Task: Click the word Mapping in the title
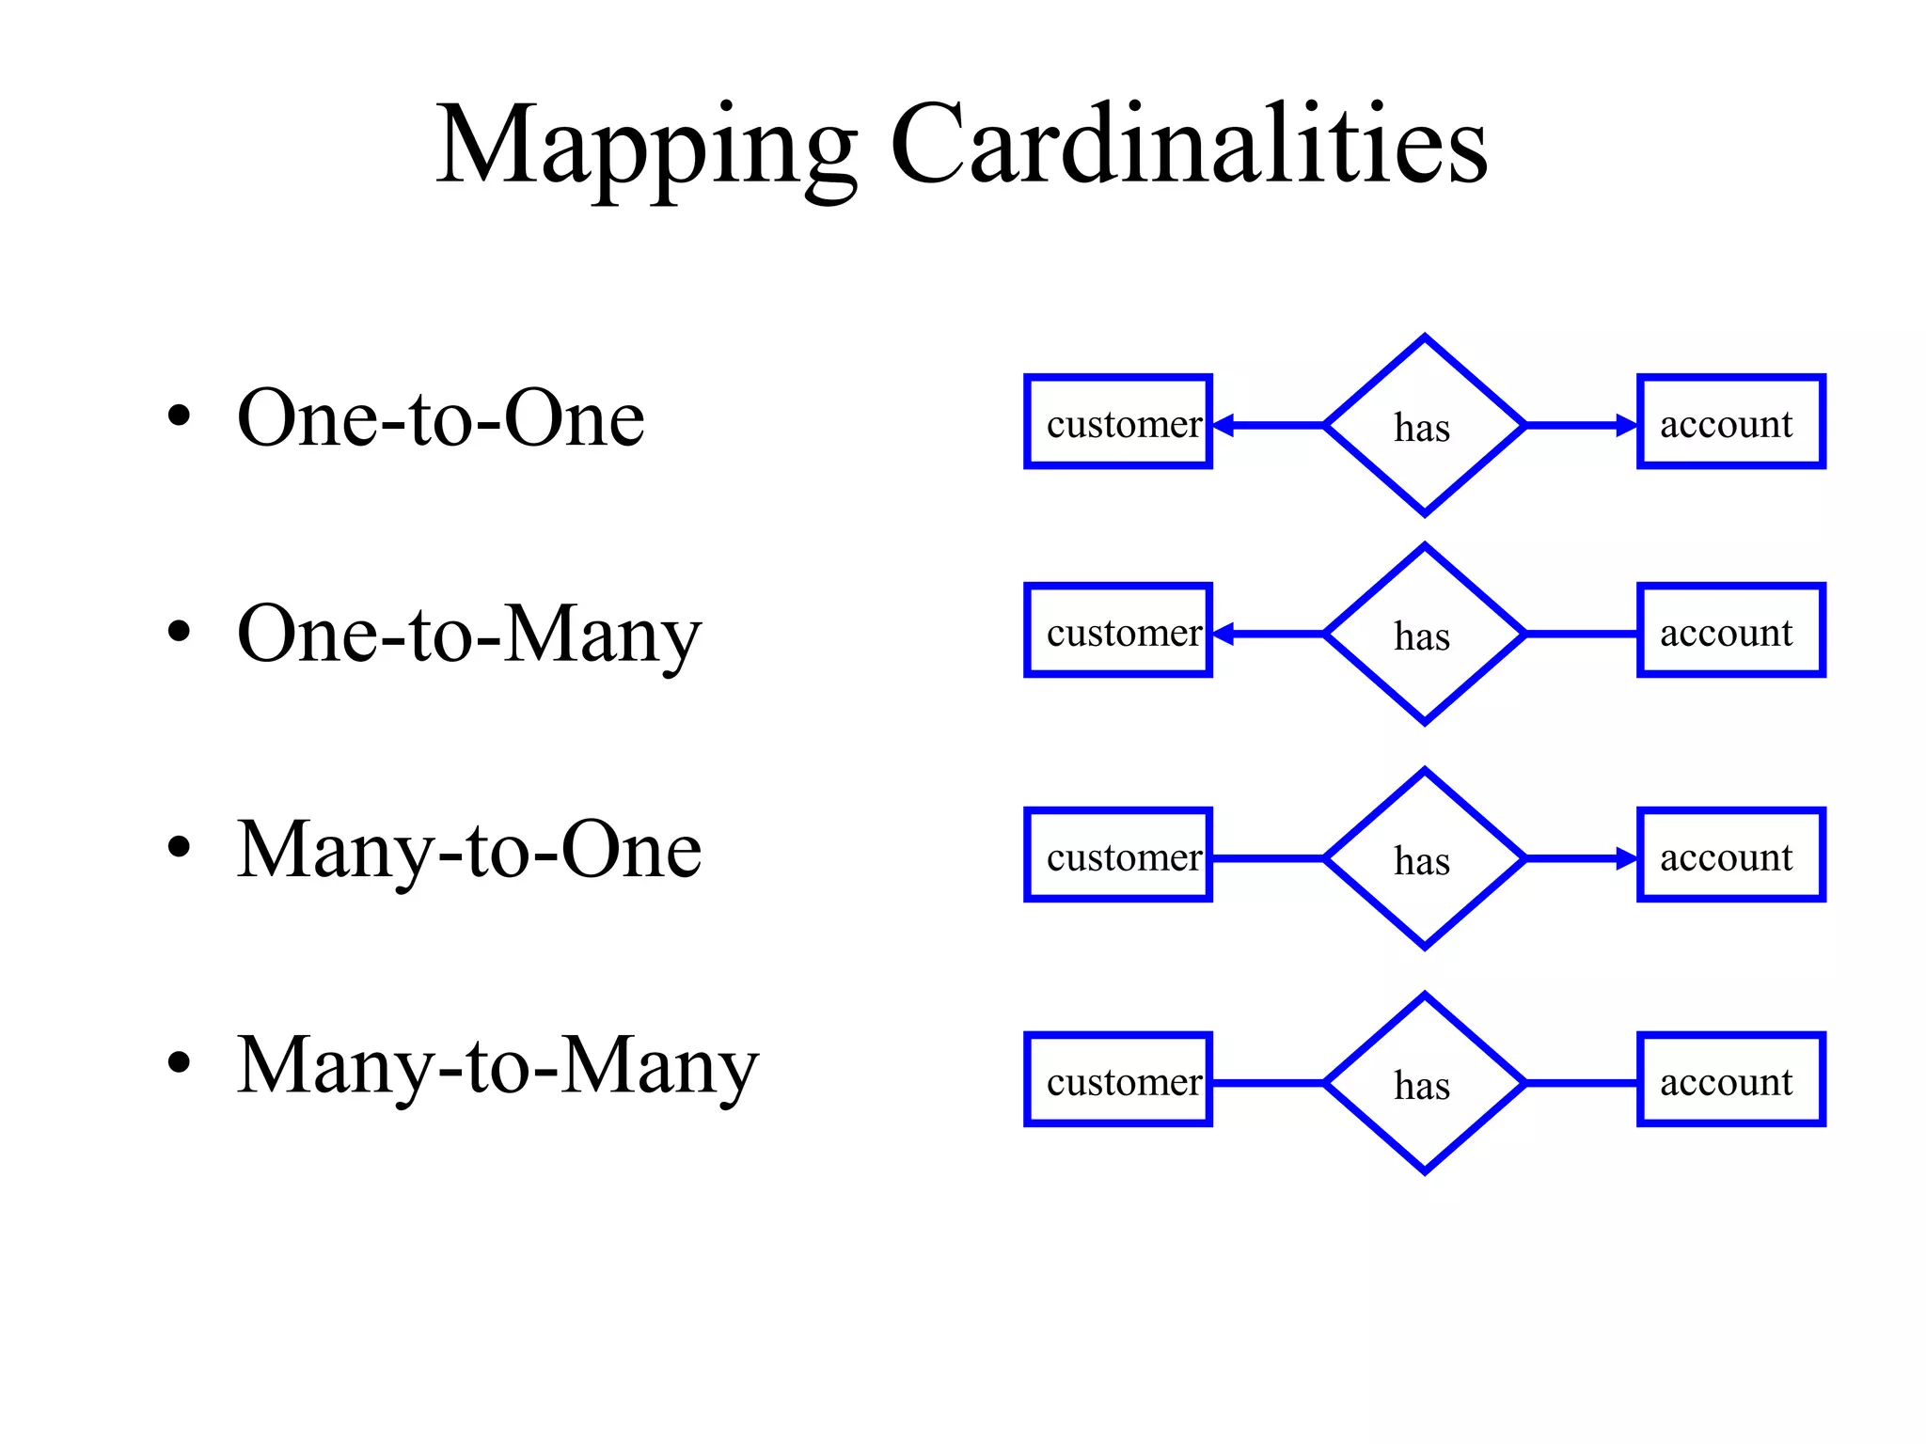tap(646, 146)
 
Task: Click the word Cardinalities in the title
tap(1189, 146)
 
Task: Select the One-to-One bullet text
tap(440, 418)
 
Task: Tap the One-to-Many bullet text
tap(468, 635)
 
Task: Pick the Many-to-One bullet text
tap(468, 850)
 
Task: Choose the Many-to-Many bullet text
tap(497, 1065)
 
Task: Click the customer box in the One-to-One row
tap(1118, 422)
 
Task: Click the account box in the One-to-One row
tap(1730, 422)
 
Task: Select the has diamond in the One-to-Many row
tap(1424, 635)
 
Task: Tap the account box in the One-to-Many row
tap(1730, 630)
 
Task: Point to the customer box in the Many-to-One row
tap(1118, 855)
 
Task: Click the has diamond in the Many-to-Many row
tap(1424, 1083)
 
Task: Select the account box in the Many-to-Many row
tap(1730, 1079)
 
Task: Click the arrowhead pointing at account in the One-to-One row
tap(1627, 426)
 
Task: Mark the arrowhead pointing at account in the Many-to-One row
tap(1627, 858)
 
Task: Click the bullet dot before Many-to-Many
tap(179, 1062)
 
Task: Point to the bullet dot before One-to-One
tap(179, 416)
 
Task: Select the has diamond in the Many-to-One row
tap(1424, 858)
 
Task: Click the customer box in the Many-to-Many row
tap(1118, 1079)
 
